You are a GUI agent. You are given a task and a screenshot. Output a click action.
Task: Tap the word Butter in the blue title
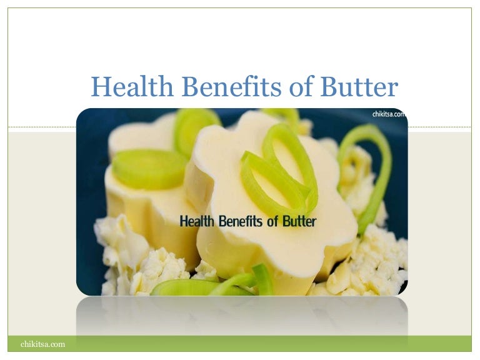coord(359,87)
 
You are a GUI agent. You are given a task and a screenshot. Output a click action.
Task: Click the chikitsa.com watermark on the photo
coord(389,114)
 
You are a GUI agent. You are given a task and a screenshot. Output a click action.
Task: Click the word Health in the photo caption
coord(197,221)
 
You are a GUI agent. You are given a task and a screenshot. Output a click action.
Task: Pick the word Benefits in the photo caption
coord(246,221)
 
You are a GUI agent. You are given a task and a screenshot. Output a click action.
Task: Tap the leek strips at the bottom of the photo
coord(212,286)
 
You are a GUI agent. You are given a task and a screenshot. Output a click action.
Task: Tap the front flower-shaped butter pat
coord(275,237)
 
